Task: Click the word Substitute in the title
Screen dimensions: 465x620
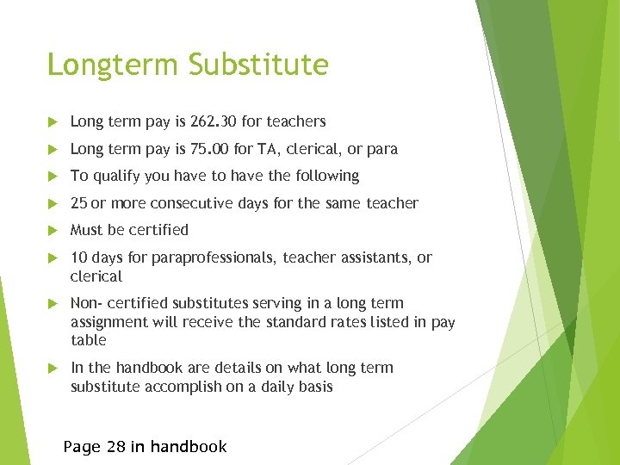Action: pyautogui.click(x=259, y=65)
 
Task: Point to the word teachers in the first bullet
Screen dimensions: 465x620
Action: pyautogui.click(x=296, y=122)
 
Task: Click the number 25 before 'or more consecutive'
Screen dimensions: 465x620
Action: pyautogui.click(x=79, y=203)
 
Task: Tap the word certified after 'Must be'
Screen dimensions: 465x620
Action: pyautogui.click(x=159, y=230)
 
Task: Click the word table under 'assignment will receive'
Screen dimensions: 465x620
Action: pyautogui.click(x=88, y=340)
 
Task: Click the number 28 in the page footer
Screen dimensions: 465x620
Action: pyautogui.click(x=115, y=446)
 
